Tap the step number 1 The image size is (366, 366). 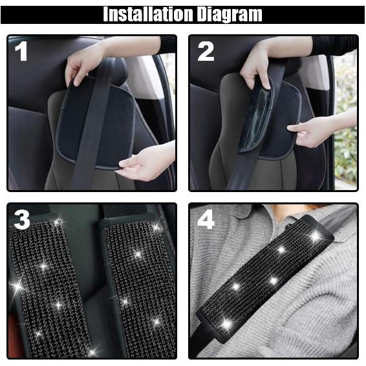pos(22,51)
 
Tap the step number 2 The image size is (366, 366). pos(206,51)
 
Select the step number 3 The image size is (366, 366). pos(22,221)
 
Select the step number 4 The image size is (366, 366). pos(206,221)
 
